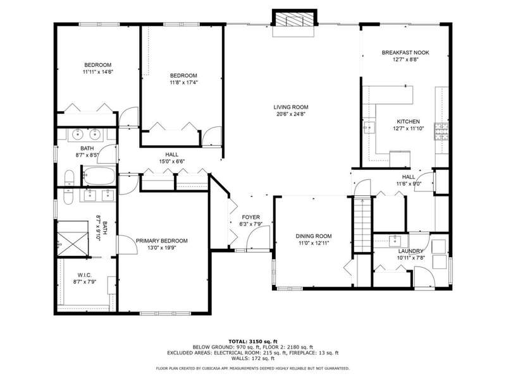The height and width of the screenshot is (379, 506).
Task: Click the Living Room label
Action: click(291, 107)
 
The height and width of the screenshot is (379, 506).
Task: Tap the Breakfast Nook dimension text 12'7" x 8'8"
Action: click(405, 59)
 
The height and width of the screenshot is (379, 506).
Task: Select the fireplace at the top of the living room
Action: click(295, 20)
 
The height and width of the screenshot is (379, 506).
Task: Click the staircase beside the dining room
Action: click(362, 224)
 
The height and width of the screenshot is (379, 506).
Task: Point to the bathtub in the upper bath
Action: click(99, 176)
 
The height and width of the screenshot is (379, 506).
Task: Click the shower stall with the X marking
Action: click(73, 239)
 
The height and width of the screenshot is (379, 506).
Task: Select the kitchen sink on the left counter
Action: click(369, 127)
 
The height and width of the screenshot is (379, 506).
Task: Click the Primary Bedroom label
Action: click(162, 241)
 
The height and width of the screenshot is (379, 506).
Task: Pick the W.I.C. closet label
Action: click(85, 275)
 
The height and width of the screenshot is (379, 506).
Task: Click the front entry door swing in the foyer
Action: click(258, 238)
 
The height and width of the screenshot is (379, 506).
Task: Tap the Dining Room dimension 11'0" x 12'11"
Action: click(314, 243)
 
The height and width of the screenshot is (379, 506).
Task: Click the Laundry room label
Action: click(410, 251)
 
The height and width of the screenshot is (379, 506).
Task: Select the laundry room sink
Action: click(394, 241)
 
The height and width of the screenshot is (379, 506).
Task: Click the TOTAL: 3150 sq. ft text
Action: click(252, 341)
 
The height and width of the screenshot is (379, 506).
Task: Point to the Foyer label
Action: click(250, 217)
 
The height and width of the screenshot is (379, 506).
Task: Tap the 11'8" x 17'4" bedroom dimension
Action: click(183, 82)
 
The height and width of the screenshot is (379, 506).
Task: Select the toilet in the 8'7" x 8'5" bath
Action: click(69, 178)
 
